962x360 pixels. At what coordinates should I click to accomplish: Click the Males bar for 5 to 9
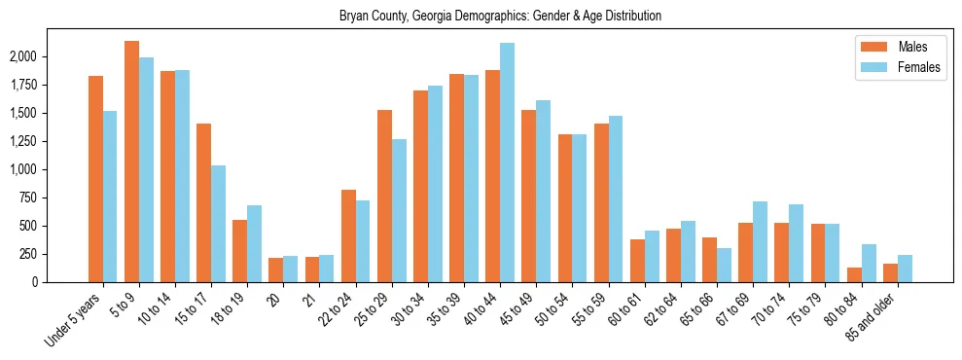(x=131, y=162)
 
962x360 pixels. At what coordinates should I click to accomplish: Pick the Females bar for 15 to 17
(x=218, y=224)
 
